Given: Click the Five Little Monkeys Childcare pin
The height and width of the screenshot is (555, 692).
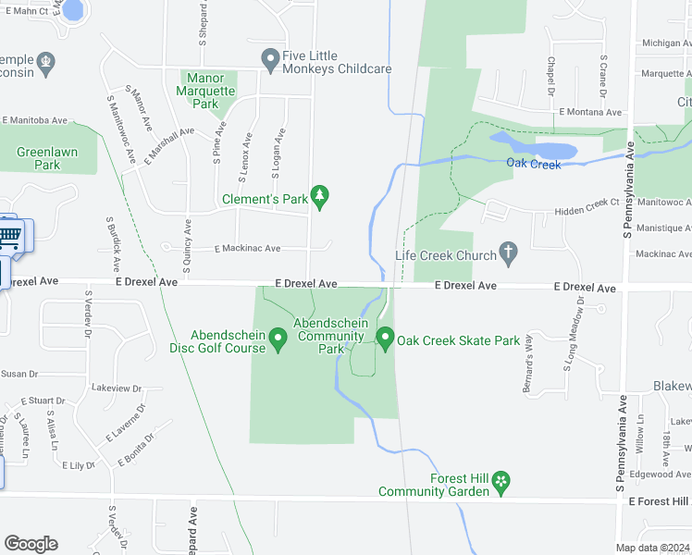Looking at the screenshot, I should click(x=270, y=61).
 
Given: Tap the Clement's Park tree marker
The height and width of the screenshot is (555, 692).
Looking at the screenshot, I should click(x=320, y=195).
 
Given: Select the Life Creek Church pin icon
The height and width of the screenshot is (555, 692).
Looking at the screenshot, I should click(x=507, y=251).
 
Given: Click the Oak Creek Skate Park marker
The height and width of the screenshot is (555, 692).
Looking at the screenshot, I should click(x=384, y=339).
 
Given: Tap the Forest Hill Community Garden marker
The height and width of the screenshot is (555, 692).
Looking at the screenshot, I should click(x=500, y=481).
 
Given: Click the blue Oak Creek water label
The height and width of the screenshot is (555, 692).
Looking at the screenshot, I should click(x=534, y=164).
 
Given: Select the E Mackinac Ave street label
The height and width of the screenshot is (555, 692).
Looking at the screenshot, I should click(x=247, y=249).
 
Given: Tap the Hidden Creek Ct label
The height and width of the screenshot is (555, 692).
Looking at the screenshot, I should click(x=587, y=212).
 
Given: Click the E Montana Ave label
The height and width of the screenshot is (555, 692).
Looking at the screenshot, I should click(x=590, y=111).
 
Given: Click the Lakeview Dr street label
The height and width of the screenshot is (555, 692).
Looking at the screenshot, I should click(x=117, y=389).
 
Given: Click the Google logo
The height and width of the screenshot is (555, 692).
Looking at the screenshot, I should click(x=31, y=544).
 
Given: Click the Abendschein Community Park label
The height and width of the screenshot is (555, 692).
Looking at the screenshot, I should click(x=329, y=336).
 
